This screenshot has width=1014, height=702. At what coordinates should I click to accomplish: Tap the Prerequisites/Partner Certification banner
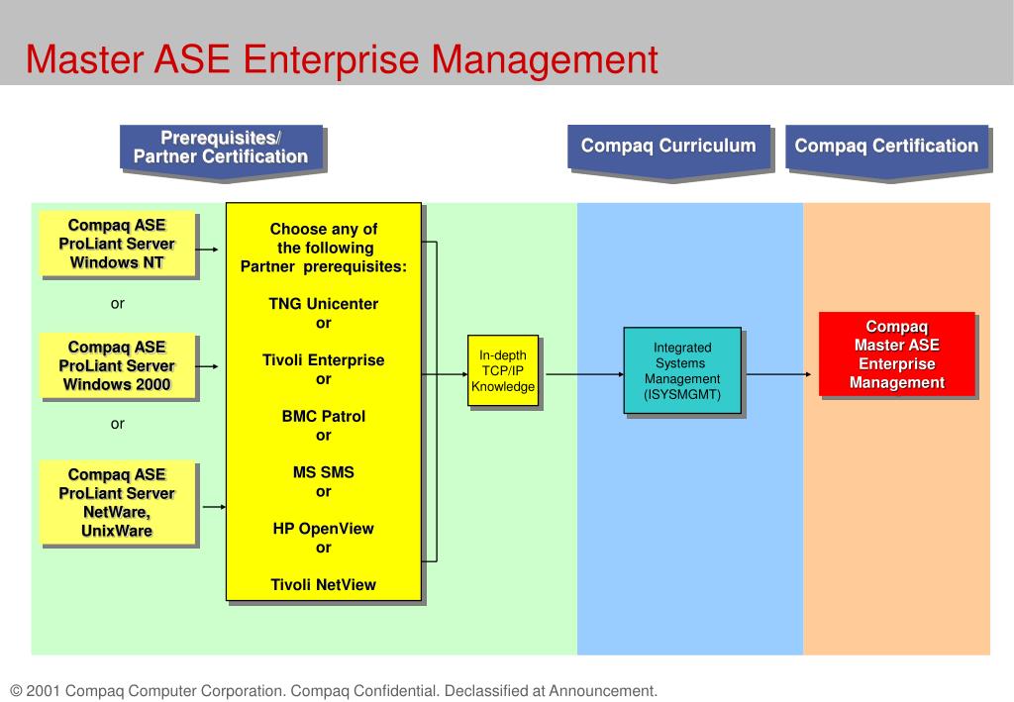click(221, 151)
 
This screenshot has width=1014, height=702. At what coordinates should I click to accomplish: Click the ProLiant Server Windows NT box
click(117, 244)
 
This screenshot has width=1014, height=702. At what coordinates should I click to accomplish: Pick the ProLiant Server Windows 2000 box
click(117, 366)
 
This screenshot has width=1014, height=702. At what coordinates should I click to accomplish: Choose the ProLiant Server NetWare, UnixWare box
click(117, 503)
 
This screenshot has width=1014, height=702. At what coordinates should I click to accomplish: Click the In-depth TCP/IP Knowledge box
click(503, 371)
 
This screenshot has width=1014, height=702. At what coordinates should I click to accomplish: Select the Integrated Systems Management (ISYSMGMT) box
click(682, 371)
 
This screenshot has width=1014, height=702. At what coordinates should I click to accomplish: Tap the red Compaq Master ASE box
click(897, 354)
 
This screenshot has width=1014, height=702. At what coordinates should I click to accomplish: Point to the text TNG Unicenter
click(324, 304)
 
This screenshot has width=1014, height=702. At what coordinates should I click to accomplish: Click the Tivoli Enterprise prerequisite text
click(324, 360)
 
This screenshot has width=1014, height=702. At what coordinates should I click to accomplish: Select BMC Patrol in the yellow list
click(324, 416)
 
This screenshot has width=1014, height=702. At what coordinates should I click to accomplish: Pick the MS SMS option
click(324, 472)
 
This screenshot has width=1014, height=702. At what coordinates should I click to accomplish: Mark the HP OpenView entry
click(324, 529)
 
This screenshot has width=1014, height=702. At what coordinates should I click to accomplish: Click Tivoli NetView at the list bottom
click(324, 585)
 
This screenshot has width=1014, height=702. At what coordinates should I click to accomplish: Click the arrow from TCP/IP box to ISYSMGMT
click(584, 374)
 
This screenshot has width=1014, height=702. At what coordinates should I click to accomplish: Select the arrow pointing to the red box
click(778, 374)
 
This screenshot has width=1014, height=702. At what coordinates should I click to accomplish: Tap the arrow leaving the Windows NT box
click(206, 249)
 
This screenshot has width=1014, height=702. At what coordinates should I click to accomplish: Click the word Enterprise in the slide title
click(331, 60)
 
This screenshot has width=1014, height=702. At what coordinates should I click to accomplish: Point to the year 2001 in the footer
click(44, 691)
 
